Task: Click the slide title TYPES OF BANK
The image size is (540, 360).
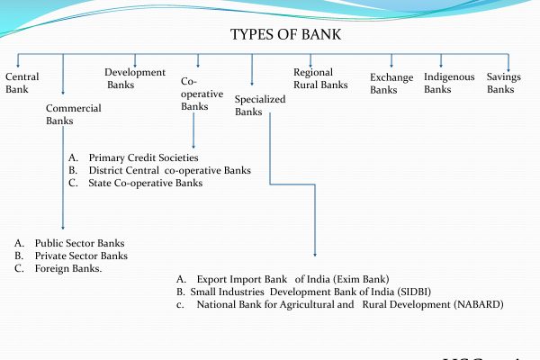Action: pyautogui.click(x=285, y=35)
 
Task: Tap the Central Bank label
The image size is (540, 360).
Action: pyautogui.click(x=22, y=83)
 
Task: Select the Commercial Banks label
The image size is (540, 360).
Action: pyautogui.click(x=73, y=114)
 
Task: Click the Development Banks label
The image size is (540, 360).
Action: pyautogui.click(x=135, y=78)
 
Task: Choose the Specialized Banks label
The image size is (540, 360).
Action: pyautogui.click(x=259, y=105)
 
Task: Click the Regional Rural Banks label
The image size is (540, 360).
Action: pyautogui.click(x=320, y=78)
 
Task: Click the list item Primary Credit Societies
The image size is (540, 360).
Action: pyautogui.click(x=143, y=158)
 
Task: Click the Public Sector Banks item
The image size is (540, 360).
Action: pyautogui.click(x=79, y=243)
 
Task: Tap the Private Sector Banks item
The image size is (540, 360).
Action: pyautogui.click(x=81, y=256)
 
